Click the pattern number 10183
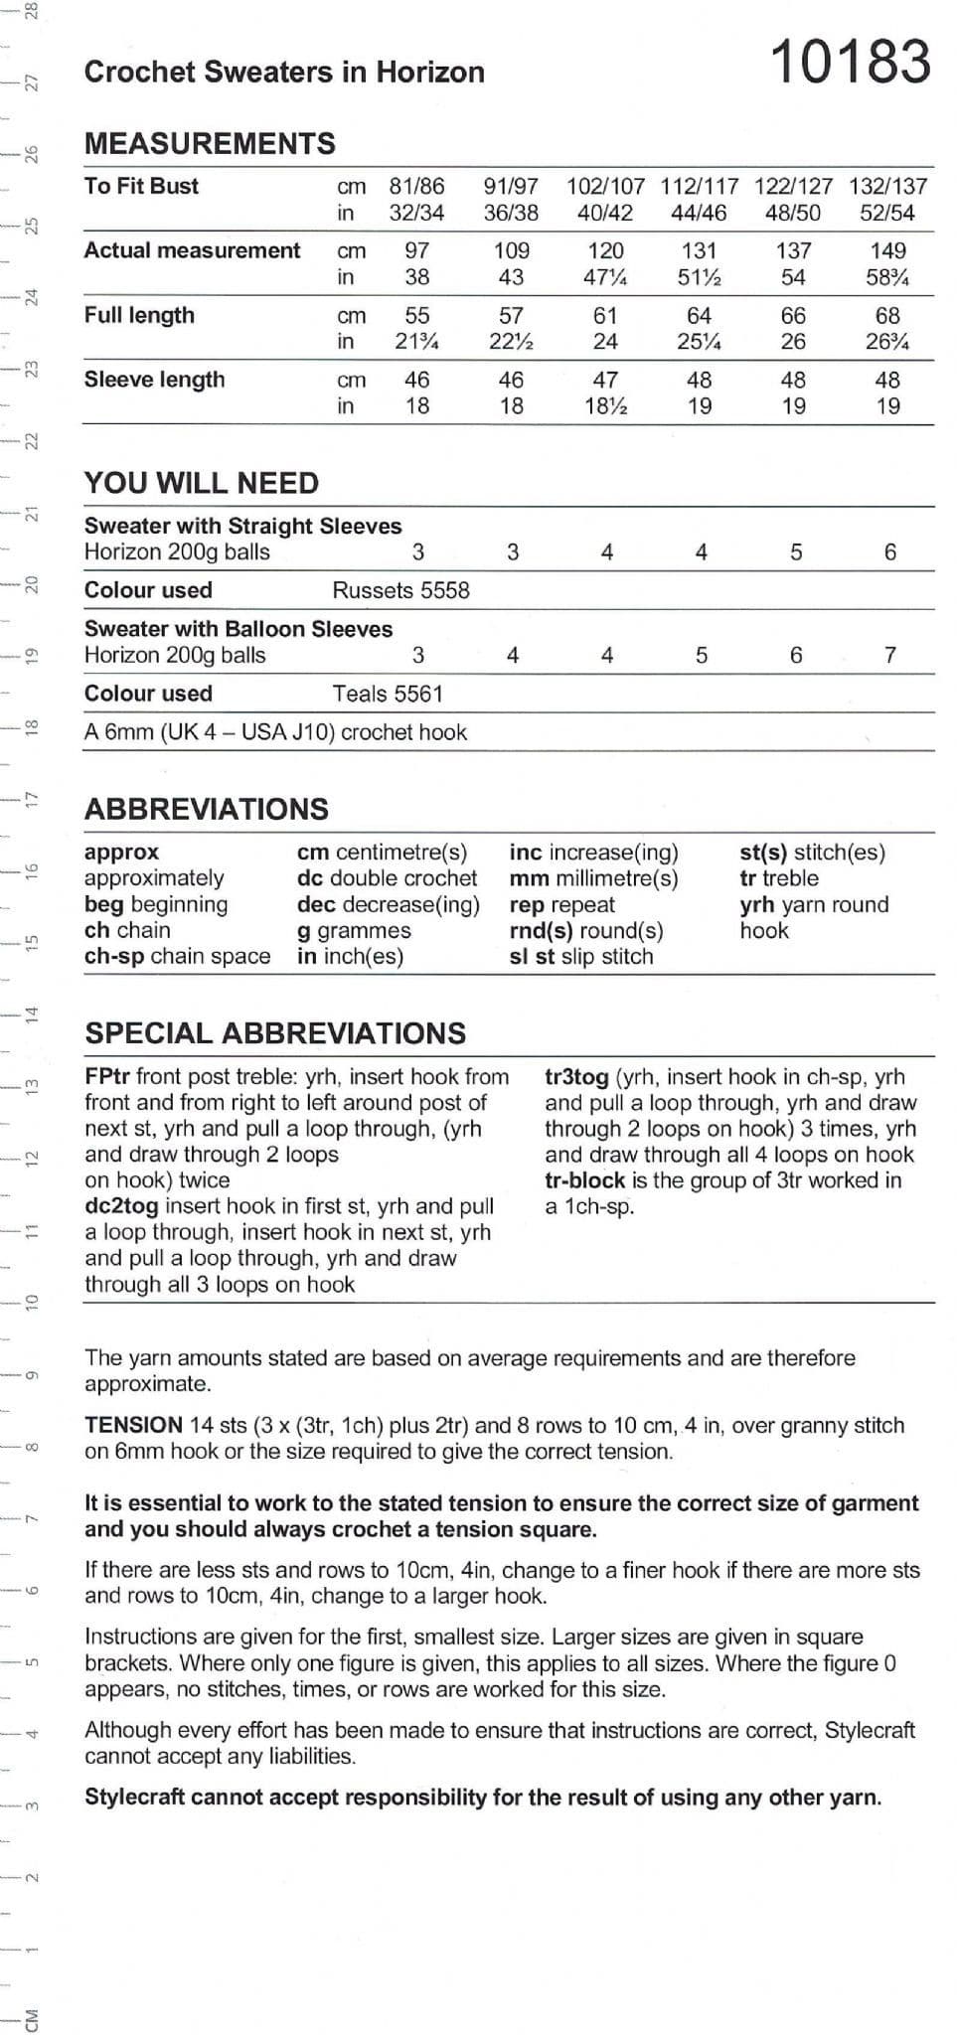pyautogui.click(x=851, y=62)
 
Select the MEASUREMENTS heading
pyautogui.click(x=210, y=144)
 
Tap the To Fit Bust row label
pyautogui.click(x=141, y=186)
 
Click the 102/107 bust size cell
pyautogui.click(x=605, y=186)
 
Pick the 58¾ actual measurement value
pyautogui.click(x=887, y=277)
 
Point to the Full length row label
pyautogui.click(x=139, y=315)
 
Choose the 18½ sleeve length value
pyautogui.click(x=605, y=405)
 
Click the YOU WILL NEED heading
pyautogui.click(x=202, y=483)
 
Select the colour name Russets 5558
pyautogui.click(x=400, y=590)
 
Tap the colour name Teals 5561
pyautogui.click(x=388, y=694)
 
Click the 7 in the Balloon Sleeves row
pyautogui.click(x=890, y=655)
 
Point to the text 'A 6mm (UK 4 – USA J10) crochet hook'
pyautogui.click(x=275, y=732)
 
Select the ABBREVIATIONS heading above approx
pyautogui.click(x=206, y=809)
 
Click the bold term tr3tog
pyautogui.click(x=576, y=1076)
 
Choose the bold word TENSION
pyautogui.click(x=133, y=1425)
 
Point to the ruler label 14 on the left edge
pyautogui.click(x=32, y=1015)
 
